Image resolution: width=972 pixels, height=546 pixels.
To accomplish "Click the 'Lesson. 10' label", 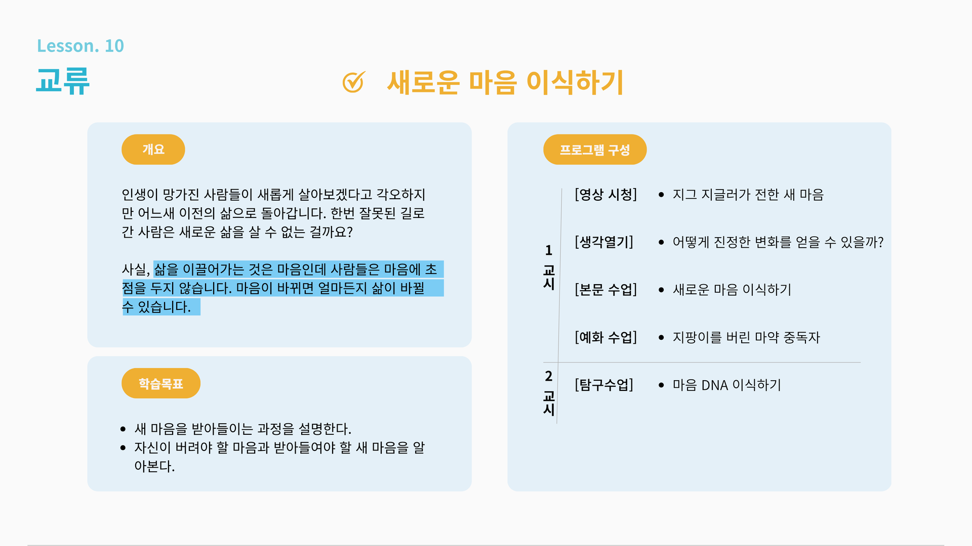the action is pos(80,46).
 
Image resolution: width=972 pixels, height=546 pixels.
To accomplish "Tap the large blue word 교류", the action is pos(63,81).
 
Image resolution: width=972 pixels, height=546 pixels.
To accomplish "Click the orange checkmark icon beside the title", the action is pos(353,82).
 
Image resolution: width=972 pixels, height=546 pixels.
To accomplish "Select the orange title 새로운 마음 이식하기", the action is pos(505,82).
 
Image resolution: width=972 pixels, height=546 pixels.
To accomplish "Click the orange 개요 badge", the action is pos(153,150).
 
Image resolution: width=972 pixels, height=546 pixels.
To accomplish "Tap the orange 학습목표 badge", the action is pos(160,384).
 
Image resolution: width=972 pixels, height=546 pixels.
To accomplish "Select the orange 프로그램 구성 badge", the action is pos(594,150).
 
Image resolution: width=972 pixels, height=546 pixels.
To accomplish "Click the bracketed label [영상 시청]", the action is pos(605,195).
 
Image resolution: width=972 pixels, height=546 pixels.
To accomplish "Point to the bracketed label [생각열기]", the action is pos(603,242).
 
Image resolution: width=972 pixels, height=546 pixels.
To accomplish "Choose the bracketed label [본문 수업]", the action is pos(605,290).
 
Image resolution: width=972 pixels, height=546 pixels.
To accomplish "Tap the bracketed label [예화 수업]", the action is pos(605,337).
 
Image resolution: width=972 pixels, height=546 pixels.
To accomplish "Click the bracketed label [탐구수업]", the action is pos(603,385).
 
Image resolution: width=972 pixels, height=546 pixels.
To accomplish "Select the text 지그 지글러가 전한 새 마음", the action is pos(748,195).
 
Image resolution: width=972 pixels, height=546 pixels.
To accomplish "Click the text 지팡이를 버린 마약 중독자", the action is pos(746,337).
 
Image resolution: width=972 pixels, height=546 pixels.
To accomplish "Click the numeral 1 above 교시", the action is pos(548,250).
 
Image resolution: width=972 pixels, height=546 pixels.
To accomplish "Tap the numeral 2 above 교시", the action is pos(548,376).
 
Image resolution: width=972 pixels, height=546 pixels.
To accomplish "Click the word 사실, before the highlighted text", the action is pos(136,269).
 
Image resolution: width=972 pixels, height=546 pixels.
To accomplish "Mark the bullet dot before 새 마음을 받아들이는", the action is pos(123,429).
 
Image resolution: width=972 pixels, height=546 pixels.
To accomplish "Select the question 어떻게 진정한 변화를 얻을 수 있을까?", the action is pos(778,242).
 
